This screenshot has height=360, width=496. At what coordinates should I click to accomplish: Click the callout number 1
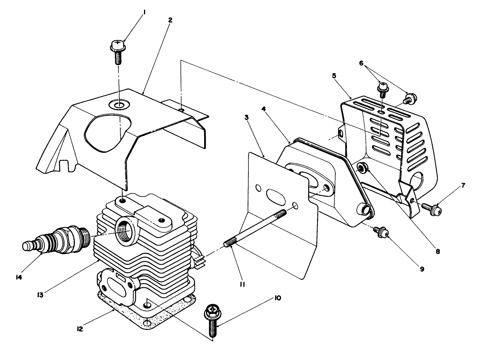click(144, 12)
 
